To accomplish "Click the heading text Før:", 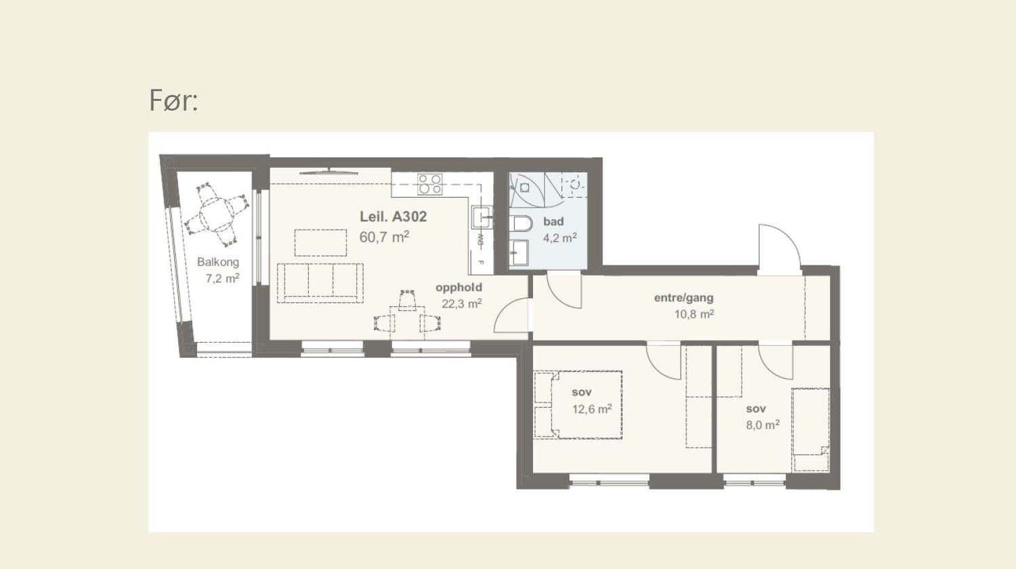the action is [173, 100].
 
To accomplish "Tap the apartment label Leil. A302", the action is [394, 217].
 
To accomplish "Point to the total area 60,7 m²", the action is [384, 236].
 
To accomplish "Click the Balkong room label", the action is [217, 262].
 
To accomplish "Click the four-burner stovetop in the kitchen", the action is [429, 184].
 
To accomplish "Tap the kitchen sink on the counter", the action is [482, 217].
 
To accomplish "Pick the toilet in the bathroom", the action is [520, 224].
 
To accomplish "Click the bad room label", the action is [553, 222].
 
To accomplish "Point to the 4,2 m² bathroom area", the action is [559, 237].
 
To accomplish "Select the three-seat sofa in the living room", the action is [320, 283].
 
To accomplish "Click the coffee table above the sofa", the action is [320, 243].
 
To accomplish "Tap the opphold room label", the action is [459, 288].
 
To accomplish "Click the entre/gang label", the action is [683, 297].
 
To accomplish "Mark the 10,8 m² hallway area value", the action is [694, 314].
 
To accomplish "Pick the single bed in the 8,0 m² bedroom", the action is [811, 429].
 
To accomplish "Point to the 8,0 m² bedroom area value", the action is [763, 425].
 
